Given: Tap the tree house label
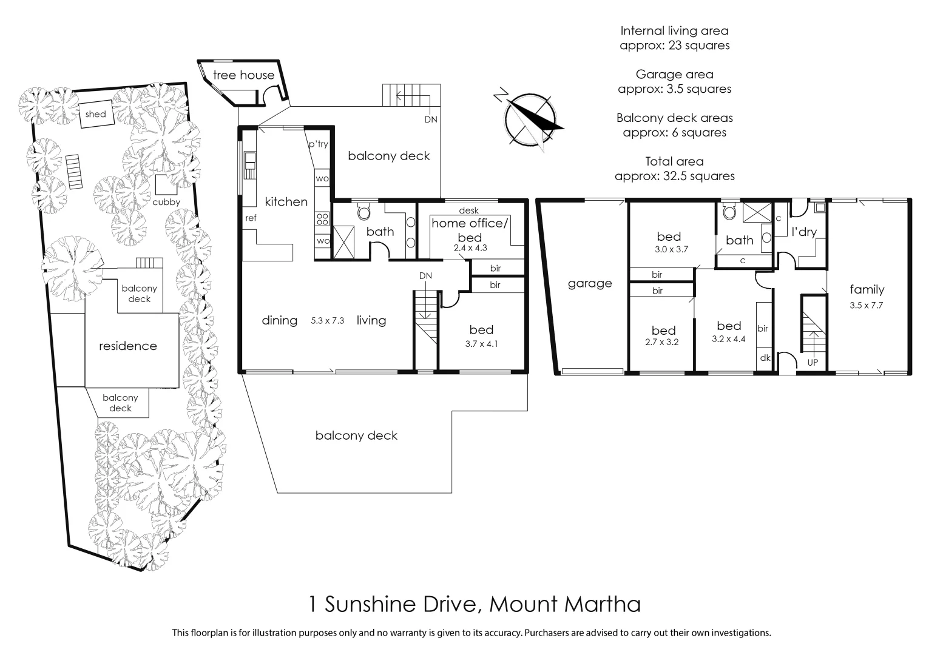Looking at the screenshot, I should [243, 75].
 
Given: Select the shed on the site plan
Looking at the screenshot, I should [96, 114].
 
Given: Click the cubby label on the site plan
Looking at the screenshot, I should [166, 202].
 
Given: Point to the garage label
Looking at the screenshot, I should [590, 283].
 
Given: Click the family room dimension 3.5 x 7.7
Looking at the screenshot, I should [867, 305].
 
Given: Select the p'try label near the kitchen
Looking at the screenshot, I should [319, 144].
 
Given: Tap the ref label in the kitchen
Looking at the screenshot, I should [250, 218].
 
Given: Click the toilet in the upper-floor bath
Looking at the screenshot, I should [365, 212].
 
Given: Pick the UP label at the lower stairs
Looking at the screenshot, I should [813, 362].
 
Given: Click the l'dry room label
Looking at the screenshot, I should [804, 232].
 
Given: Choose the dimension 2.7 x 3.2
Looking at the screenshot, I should [663, 342].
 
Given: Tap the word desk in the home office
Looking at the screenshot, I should [468, 210].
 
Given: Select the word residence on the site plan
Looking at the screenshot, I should [128, 346].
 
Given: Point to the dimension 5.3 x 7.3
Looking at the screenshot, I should [327, 321].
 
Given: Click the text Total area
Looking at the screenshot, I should [674, 161].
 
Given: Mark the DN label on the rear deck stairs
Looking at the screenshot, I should [430, 119].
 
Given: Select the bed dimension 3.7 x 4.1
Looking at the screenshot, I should [481, 344].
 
